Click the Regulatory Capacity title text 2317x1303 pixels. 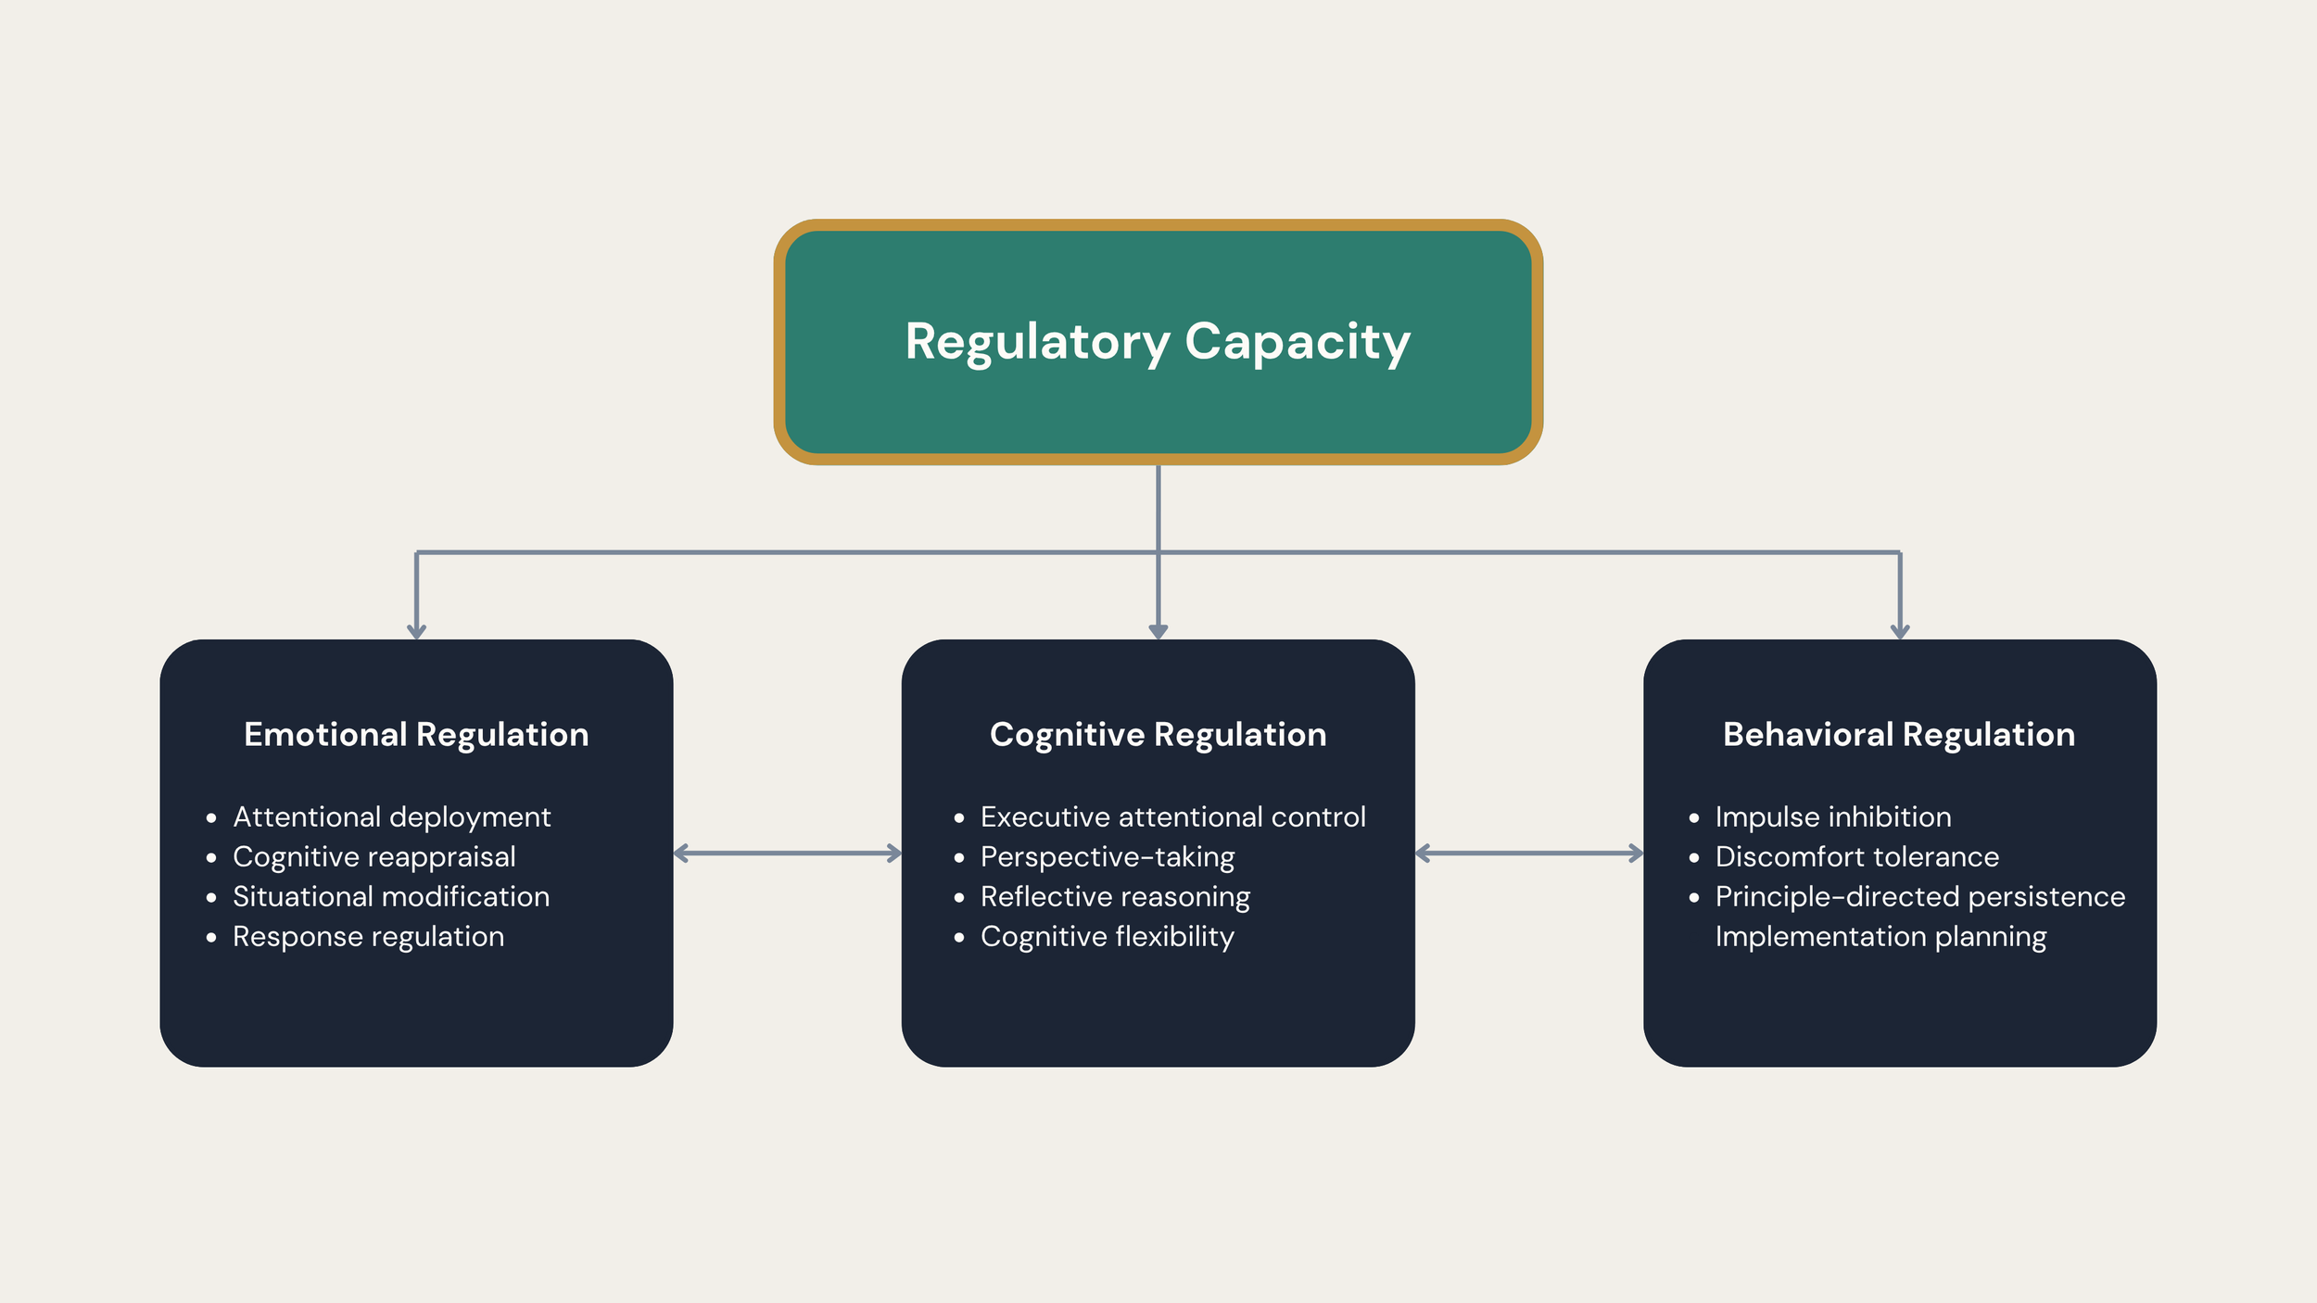(1158, 342)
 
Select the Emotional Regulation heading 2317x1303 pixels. (416, 734)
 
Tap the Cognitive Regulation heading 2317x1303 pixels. (1158, 734)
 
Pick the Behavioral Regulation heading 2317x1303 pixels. (1899, 734)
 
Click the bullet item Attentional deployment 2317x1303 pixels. (391, 816)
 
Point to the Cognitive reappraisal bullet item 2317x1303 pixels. (374, 856)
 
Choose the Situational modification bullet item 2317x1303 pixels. (390, 896)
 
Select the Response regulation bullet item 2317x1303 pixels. (368, 936)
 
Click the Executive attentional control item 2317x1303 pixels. (1172, 816)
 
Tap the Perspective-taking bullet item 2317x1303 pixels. (1107, 856)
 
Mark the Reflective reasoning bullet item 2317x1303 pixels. (1115, 896)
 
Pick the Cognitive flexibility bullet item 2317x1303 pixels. (1107, 936)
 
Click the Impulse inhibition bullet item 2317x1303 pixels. (1832, 816)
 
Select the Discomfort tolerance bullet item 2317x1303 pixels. (1856, 856)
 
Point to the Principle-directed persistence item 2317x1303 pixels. (1919, 896)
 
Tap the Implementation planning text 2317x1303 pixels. (1880, 936)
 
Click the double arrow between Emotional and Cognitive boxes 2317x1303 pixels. (788, 853)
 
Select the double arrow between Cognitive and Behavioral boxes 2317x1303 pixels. (1529, 853)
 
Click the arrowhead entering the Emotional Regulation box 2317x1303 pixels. (417, 631)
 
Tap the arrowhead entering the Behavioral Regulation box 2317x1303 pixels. (1900, 631)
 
